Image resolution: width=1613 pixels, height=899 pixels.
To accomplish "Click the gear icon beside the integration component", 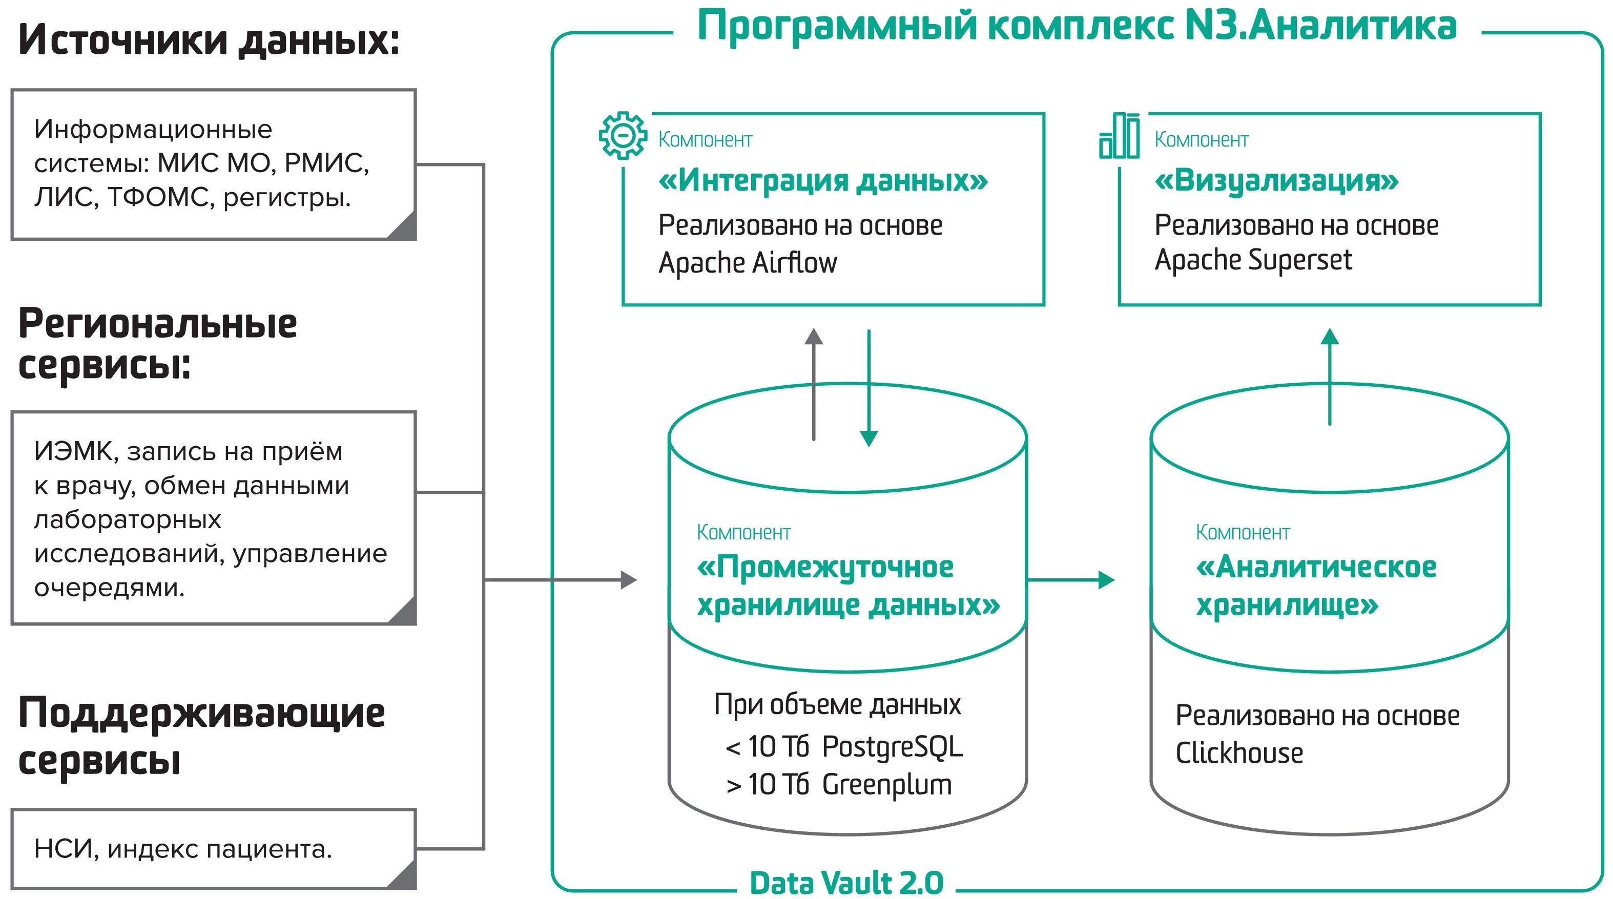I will click(623, 135).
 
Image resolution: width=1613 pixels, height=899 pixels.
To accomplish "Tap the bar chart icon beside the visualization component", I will click(1120, 136).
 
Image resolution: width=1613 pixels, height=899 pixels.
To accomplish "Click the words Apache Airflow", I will click(748, 263).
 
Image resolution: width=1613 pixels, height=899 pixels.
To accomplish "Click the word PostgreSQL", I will click(892, 747).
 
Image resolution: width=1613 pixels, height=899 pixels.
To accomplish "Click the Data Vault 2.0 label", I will click(846, 883).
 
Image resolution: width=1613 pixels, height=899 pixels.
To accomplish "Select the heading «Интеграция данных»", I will click(823, 181).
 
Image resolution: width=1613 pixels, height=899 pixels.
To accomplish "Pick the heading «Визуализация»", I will click(1276, 181).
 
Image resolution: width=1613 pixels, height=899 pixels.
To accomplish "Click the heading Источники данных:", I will click(209, 40).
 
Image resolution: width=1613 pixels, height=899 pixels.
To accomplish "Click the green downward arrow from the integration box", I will click(868, 388).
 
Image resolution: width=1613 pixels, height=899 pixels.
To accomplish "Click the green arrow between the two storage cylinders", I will click(1071, 580).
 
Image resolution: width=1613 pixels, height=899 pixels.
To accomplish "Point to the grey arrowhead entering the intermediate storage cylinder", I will click(628, 580).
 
